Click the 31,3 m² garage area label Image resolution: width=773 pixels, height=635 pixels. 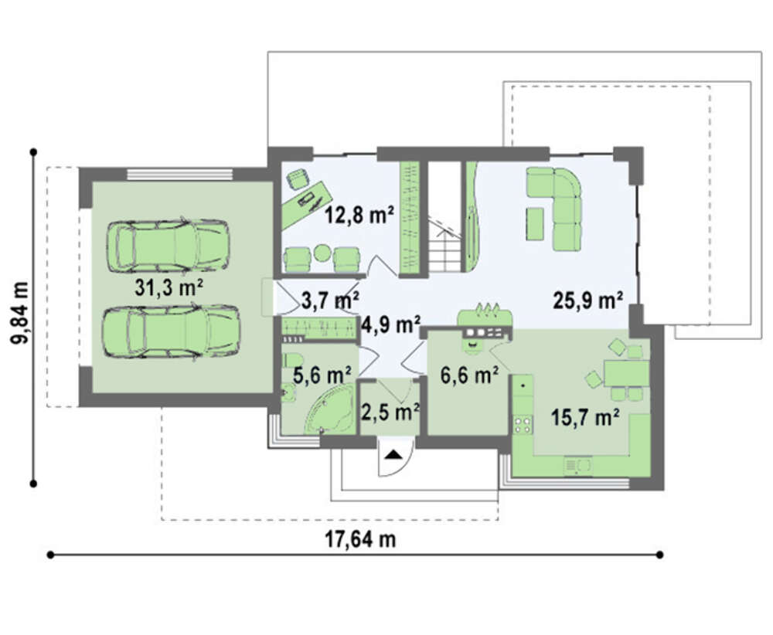169,287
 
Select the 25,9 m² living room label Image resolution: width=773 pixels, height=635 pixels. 588,300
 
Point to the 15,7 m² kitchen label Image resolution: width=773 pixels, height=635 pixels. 585,418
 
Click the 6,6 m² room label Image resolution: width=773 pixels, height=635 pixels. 469,375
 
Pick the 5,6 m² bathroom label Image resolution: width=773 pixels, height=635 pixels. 322,375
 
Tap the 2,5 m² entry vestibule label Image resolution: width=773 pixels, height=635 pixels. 390,412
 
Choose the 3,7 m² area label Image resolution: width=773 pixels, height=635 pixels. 330,300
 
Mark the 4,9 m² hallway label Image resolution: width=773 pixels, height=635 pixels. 391,324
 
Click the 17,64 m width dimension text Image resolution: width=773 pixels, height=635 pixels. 360,539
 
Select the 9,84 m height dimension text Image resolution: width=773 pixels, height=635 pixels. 20,314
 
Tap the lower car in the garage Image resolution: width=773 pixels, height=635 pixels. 171,331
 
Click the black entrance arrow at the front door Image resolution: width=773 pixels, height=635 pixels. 394,454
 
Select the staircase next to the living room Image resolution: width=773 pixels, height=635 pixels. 445,246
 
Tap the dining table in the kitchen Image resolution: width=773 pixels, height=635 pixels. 626,373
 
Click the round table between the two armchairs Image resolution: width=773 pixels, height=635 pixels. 322,253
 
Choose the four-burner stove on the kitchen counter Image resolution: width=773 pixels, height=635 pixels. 523,425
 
